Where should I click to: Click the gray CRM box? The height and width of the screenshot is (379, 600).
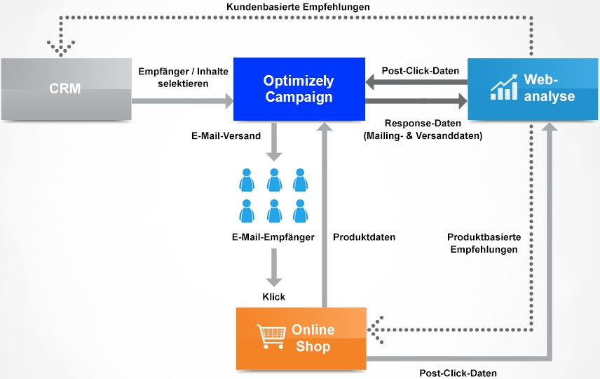[66, 89]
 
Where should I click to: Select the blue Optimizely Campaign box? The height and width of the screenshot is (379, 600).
[299, 89]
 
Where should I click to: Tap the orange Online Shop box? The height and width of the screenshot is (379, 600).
[301, 338]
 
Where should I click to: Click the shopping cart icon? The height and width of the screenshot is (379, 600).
[271, 336]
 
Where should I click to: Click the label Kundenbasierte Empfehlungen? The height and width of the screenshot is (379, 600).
[298, 7]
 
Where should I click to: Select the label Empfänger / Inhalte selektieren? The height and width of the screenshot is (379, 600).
[183, 77]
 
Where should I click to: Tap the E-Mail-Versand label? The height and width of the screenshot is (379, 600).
[226, 136]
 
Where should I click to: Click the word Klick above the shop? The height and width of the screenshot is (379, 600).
[273, 297]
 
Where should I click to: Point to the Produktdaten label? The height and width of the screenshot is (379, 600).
[364, 237]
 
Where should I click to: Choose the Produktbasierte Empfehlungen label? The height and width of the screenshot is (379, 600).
[484, 244]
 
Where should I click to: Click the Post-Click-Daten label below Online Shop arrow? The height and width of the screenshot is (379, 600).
[458, 373]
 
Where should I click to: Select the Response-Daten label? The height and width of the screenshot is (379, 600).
[423, 130]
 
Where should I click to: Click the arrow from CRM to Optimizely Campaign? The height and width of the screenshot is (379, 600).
[182, 101]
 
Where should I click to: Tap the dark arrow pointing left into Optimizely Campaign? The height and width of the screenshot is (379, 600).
[416, 82]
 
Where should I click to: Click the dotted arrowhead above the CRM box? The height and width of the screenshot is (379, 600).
[61, 48]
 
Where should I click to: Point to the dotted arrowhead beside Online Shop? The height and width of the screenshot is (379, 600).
[376, 330]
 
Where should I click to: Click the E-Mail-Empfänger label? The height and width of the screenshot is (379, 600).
[273, 237]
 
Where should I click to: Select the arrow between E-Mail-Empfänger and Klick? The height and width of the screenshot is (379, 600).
[274, 268]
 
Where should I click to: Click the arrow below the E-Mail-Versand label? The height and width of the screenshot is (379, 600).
[274, 142]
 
